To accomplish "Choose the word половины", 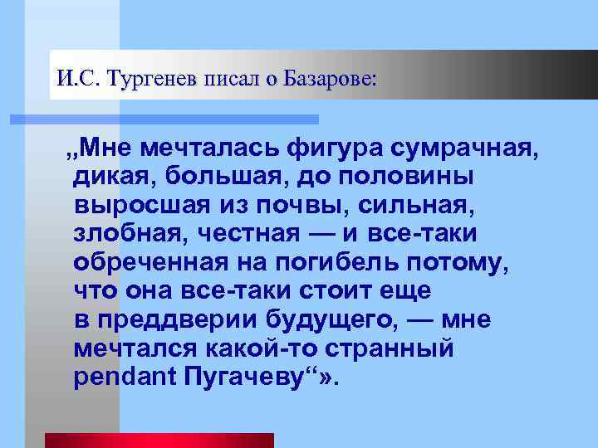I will [409, 178].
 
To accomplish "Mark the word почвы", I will [294, 206].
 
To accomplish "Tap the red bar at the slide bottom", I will [159, 441].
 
